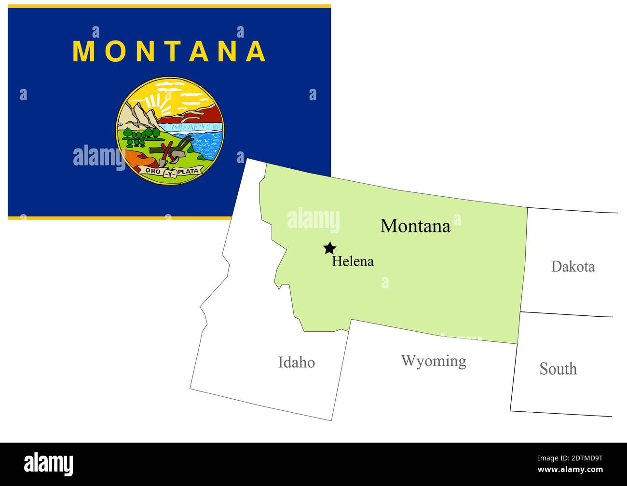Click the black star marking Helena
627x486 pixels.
(329, 248)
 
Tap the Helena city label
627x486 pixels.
(353, 261)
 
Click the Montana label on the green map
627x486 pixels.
(415, 226)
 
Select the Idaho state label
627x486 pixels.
(296, 362)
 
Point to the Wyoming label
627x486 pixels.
(434, 361)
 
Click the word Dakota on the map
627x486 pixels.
(572, 267)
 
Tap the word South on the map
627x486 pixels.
(558, 369)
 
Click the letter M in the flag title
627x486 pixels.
(83, 51)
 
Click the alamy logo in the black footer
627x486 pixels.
(49, 464)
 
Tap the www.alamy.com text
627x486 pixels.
(570, 470)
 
